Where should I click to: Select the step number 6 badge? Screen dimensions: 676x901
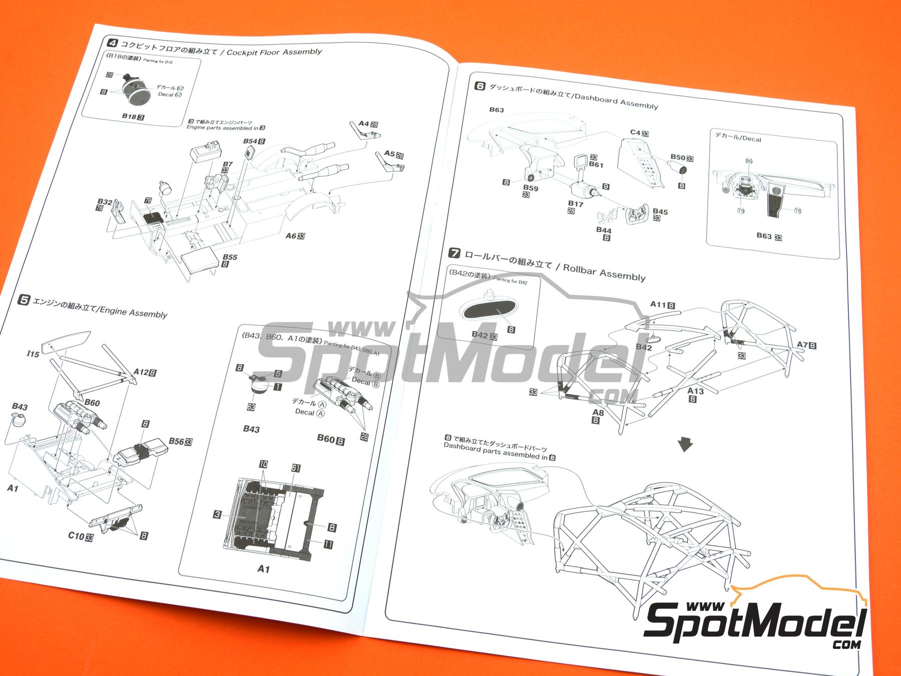(479, 86)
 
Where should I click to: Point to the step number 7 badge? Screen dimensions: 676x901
(455, 254)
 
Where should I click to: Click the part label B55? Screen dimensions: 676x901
(230, 257)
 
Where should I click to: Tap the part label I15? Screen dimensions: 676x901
(33, 354)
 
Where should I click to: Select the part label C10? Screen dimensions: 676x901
(76, 536)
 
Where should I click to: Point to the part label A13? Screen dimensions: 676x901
(695, 391)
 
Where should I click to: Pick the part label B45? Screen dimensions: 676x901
(660, 212)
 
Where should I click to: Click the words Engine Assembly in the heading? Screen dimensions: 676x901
(134, 311)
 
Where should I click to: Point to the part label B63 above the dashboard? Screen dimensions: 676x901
(496, 110)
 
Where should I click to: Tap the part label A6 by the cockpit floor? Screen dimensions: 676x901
(291, 236)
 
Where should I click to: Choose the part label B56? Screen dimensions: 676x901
(176, 441)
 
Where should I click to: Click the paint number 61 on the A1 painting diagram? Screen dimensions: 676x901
(296, 468)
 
